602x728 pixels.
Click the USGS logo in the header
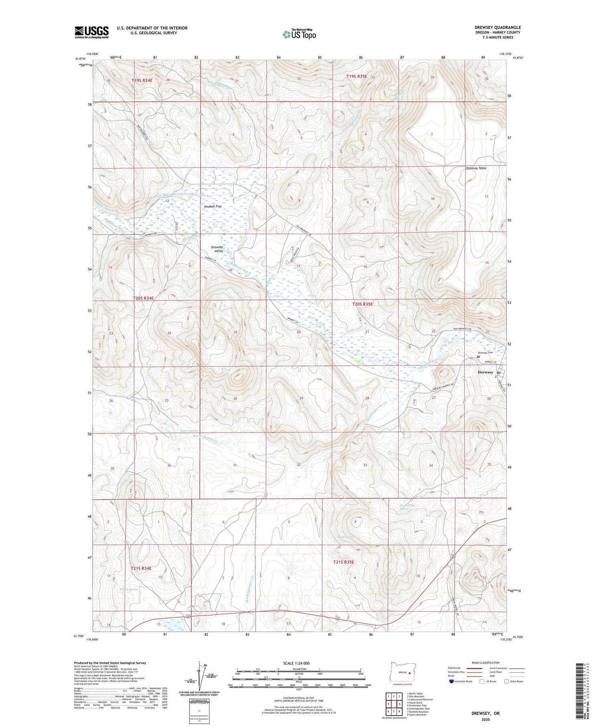[92, 32]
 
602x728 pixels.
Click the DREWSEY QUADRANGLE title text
[497, 27]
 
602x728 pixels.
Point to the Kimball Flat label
[212, 206]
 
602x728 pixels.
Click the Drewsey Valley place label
[218, 249]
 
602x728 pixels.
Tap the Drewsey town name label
[485, 372]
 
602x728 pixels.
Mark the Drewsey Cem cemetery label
[485, 353]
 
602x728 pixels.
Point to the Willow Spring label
[128, 589]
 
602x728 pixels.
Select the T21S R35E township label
[344, 562]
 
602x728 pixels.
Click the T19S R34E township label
[142, 80]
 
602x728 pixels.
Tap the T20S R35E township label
[362, 304]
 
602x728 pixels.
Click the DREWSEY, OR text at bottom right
[486, 714]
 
